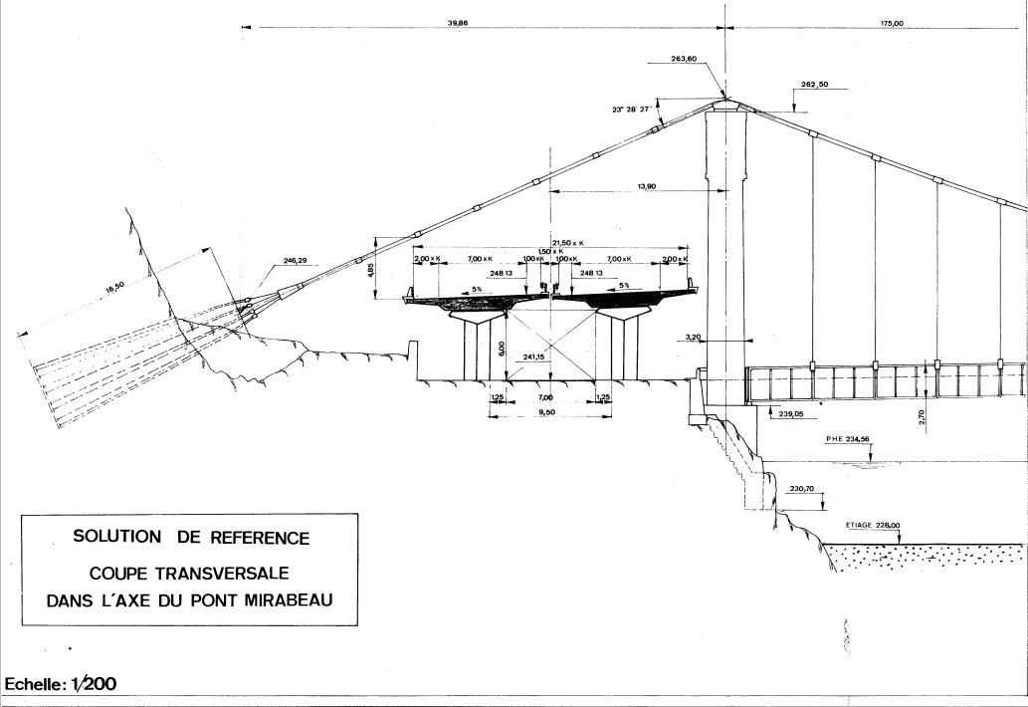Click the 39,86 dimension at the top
point(459,22)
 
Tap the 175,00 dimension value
point(891,22)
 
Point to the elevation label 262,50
point(815,85)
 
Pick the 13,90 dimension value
point(644,185)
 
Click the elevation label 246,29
point(267,261)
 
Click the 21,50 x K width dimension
point(569,242)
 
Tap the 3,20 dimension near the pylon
point(695,338)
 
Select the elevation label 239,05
point(791,412)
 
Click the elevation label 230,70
point(802,489)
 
